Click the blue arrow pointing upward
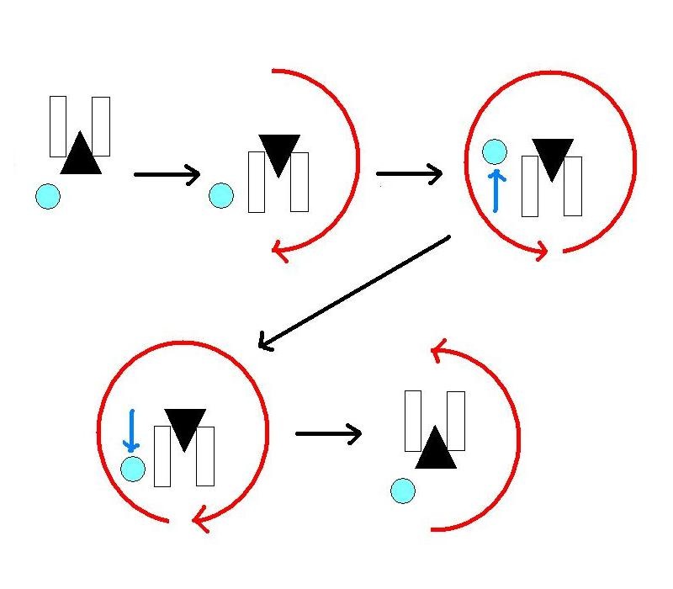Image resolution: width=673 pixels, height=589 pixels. coord(496,190)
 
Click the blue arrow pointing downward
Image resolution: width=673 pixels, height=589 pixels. coord(130,431)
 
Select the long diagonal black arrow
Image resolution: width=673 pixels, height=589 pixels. coord(353,291)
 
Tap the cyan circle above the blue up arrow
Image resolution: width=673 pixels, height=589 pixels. coord(495,152)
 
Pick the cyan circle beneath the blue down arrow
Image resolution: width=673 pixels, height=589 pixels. coord(132,469)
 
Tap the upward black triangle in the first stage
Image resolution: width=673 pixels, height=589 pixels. coord(81,155)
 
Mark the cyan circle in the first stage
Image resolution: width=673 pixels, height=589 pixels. coord(48,197)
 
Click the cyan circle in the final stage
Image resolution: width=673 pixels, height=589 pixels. coord(403,490)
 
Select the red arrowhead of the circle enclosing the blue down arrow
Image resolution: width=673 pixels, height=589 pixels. coord(199,521)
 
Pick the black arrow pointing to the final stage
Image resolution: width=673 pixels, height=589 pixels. coord(328,434)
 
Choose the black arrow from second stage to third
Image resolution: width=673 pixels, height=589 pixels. coord(409,175)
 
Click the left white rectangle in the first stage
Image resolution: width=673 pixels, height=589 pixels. coord(58,126)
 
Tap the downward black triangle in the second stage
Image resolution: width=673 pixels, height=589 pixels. coord(279,154)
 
